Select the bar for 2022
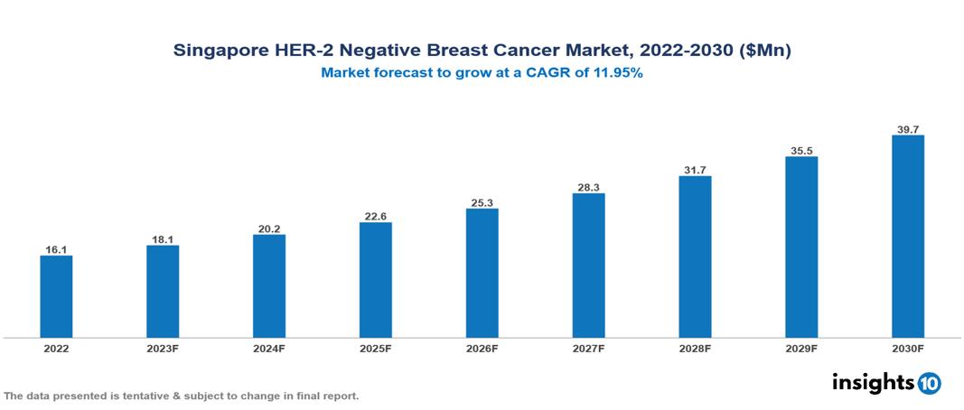pyautogui.click(x=56, y=296)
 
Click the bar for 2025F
pyautogui.click(x=376, y=280)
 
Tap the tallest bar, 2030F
pyautogui.click(x=908, y=237)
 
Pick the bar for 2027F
pyautogui.click(x=588, y=266)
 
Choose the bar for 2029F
pyautogui.click(x=801, y=247)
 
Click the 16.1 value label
pyautogui.click(x=56, y=248)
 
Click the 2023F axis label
pyautogui.click(x=163, y=348)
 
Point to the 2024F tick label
pyautogui.click(x=269, y=348)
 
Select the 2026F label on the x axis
pyautogui.click(x=482, y=348)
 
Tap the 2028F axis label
pyautogui.click(x=695, y=348)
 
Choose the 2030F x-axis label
pyautogui.click(x=908, y=348)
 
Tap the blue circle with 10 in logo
pyautogui.click(x=929, y=383)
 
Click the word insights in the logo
pyautogui.click(x=872, y=382)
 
